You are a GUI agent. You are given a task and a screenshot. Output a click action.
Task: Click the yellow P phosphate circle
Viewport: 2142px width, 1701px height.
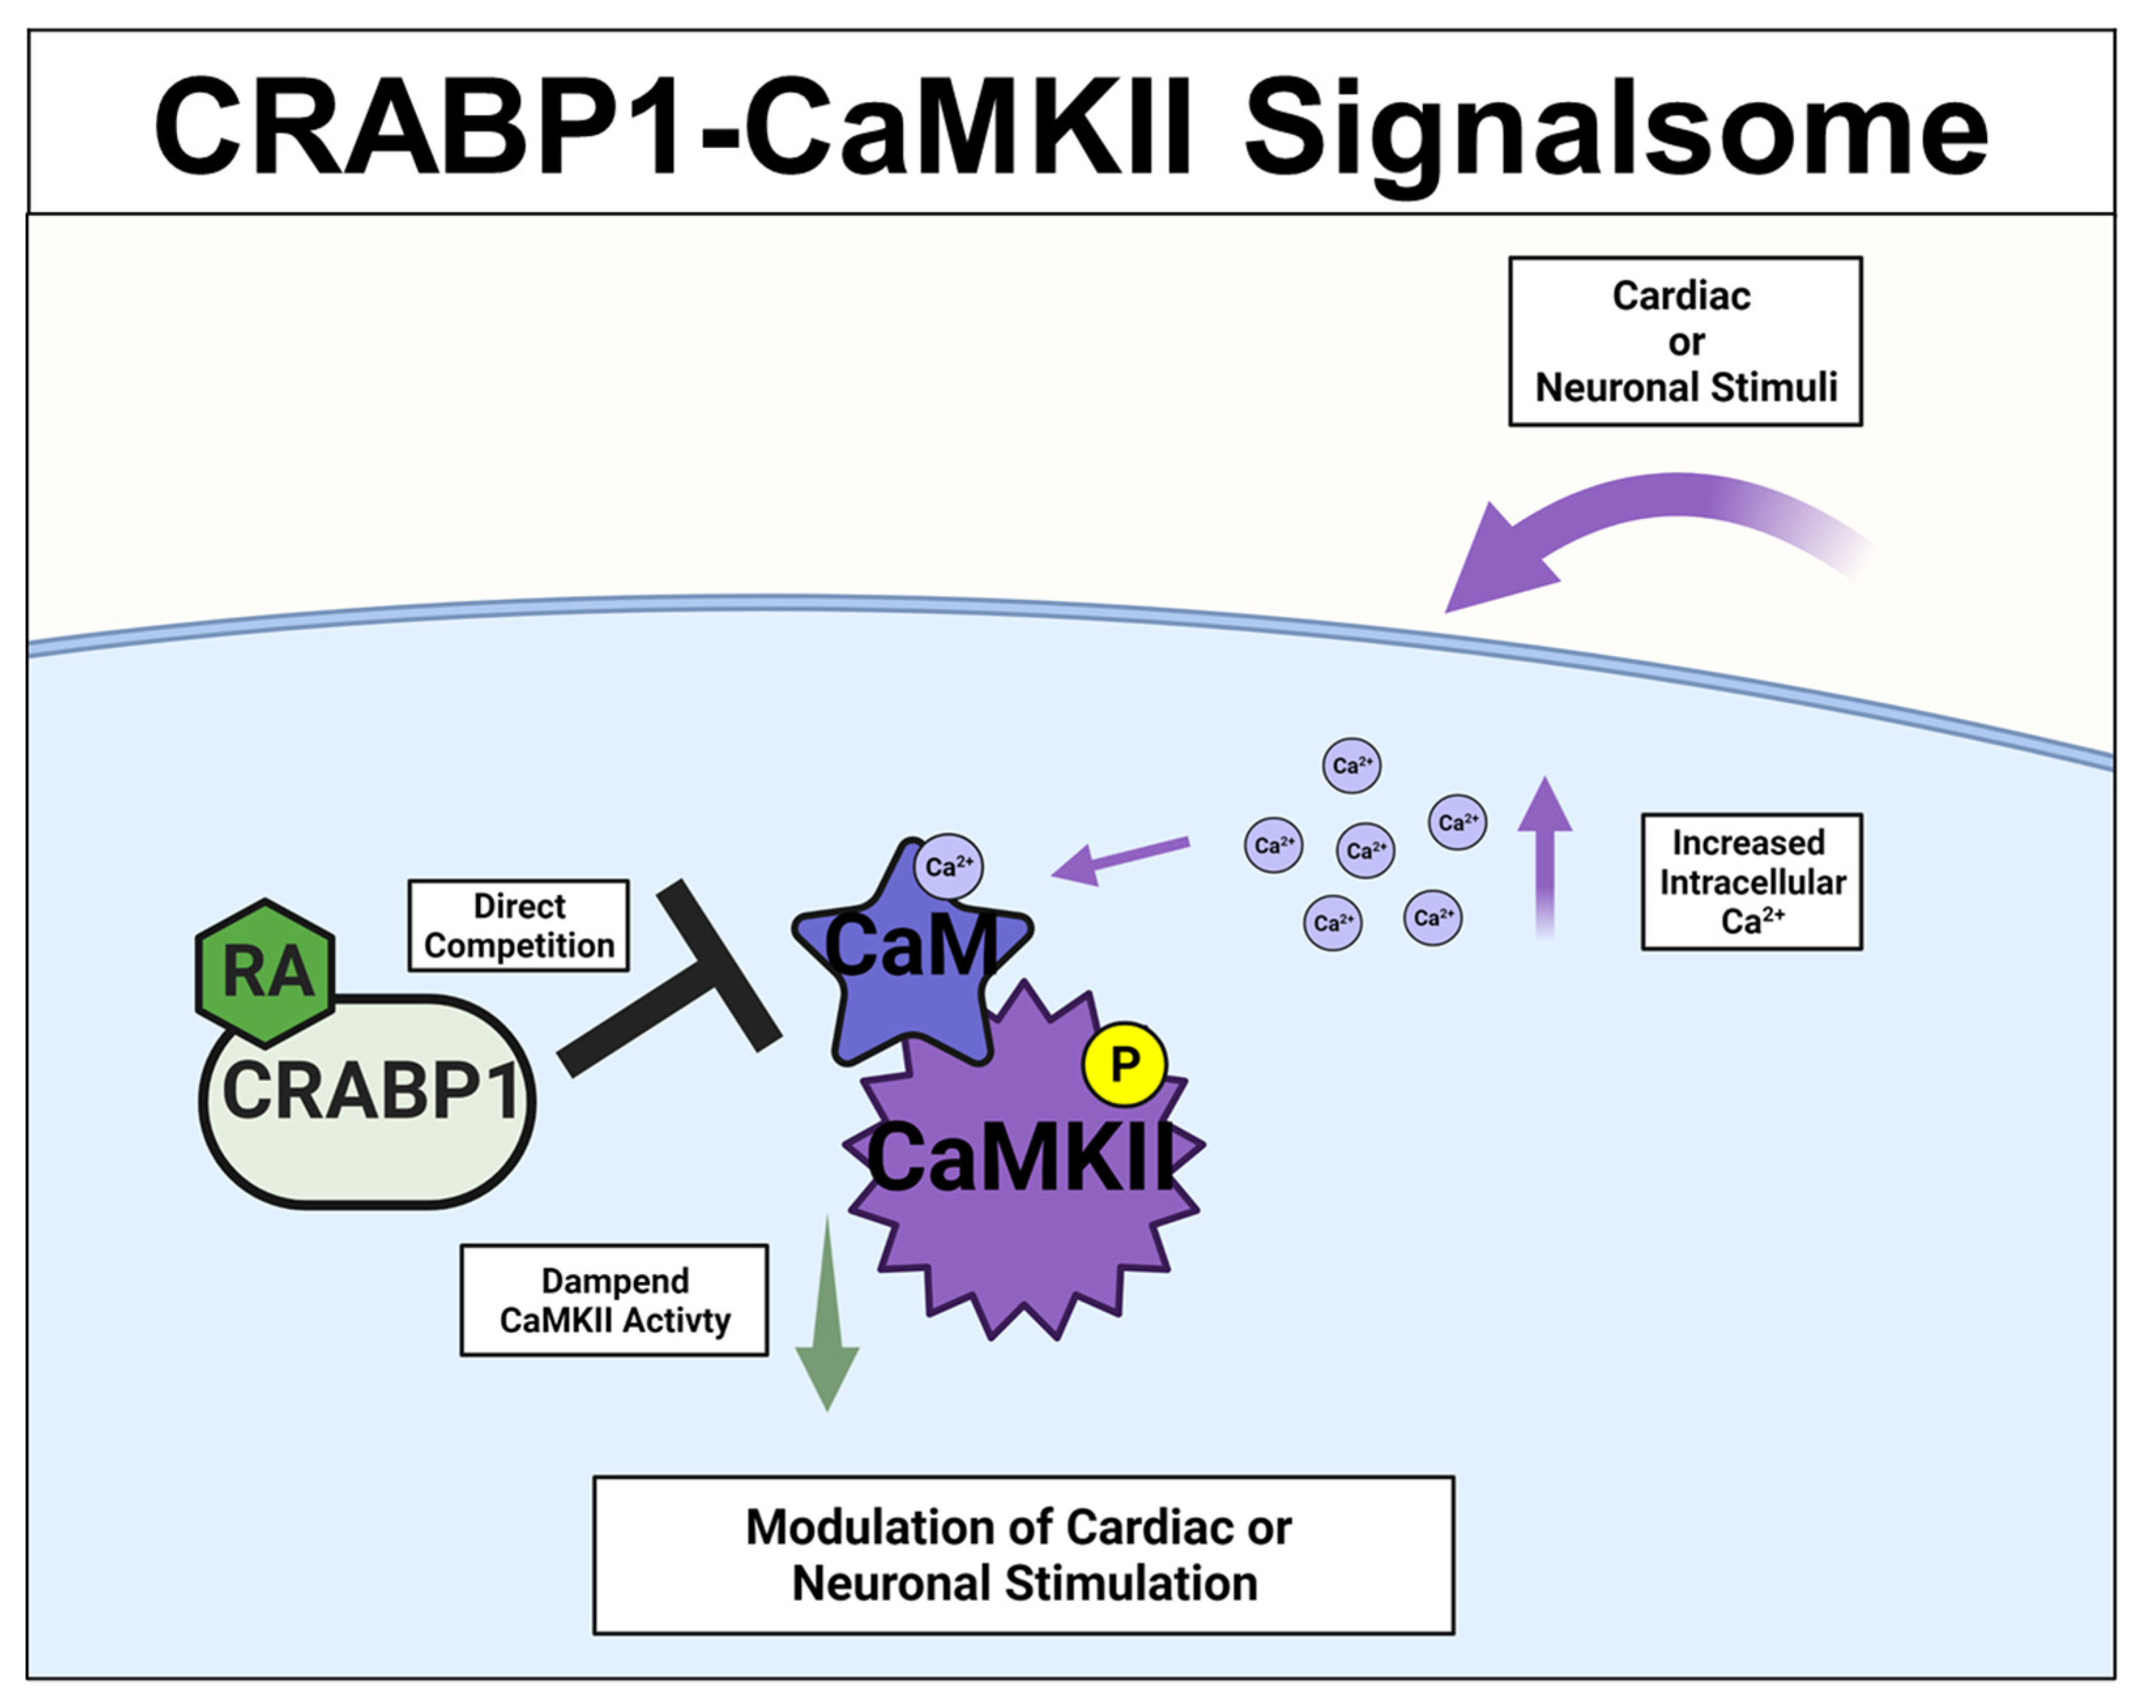1125,1064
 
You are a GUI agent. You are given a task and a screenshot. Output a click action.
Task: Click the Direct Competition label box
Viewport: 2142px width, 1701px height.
518,925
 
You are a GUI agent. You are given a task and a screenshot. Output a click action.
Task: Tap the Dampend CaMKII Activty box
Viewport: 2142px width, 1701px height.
614,1300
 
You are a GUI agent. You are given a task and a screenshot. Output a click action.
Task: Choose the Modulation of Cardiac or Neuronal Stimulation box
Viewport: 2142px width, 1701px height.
1023,1555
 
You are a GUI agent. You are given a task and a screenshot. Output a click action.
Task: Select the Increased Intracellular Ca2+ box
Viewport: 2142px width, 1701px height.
1752,881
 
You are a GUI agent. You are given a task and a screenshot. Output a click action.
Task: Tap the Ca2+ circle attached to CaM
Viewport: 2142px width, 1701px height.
949,866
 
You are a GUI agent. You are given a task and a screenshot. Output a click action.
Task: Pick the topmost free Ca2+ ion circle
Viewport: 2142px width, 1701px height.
1351,765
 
